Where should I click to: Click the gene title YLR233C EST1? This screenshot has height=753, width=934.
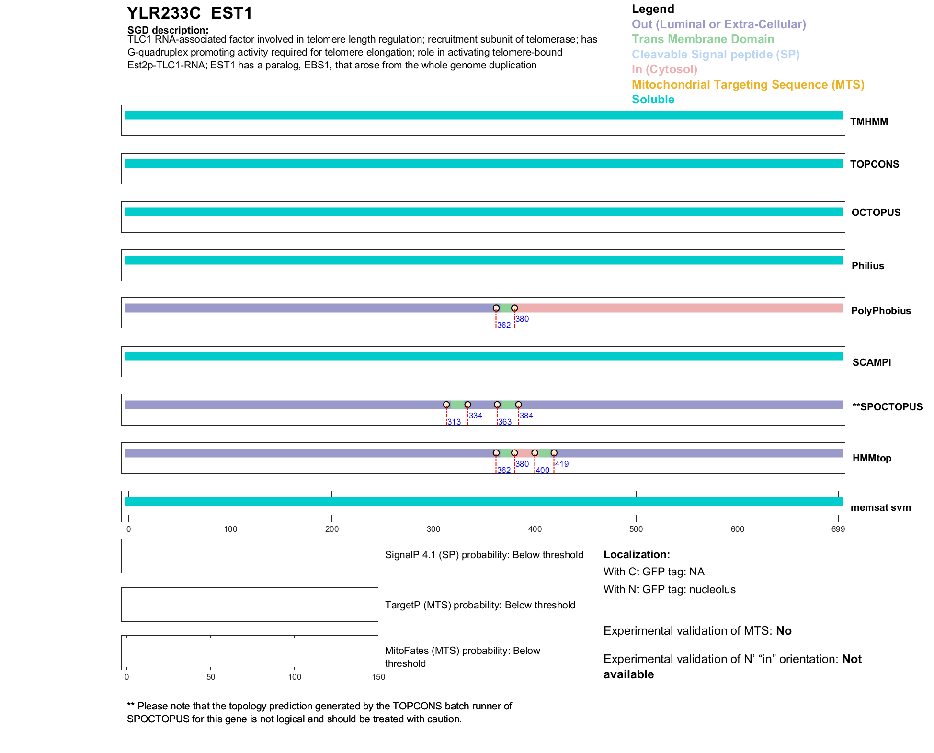[x=189, y=13]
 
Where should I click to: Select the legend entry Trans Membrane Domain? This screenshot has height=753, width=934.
[x=703, y=39]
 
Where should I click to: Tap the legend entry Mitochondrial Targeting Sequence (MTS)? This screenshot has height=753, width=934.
[x=748, y=85]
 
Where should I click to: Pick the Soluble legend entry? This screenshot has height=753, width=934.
[x=653, y=100]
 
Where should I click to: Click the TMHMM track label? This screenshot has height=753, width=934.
[x=869, y=122]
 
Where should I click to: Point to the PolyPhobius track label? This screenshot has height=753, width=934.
[x=880, y=311]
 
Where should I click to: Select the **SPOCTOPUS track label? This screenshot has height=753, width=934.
[x=887, y=407]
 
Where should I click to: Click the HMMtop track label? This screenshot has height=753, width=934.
[x=872, y=458]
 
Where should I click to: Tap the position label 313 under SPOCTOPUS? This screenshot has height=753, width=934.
[x=454, y=422]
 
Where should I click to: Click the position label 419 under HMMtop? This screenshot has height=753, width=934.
[x=562, y=464]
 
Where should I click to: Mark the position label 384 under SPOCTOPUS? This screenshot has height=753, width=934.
[x=526, y=416]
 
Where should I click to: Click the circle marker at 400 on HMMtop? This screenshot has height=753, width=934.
[x=535, y=453]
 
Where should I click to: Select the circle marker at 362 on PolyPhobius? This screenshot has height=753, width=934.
[x=496, y=308]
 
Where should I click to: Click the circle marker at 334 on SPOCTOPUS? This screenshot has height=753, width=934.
[x=467, y=405]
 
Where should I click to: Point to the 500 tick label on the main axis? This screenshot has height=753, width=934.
[x=636, y=529]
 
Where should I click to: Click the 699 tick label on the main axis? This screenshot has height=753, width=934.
[x=838, y=529]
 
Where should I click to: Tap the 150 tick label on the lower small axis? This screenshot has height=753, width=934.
[x=378, y=677]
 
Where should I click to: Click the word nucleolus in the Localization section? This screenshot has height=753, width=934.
[x=712, y=589]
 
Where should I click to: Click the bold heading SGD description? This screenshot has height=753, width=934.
[x=168, y=30]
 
